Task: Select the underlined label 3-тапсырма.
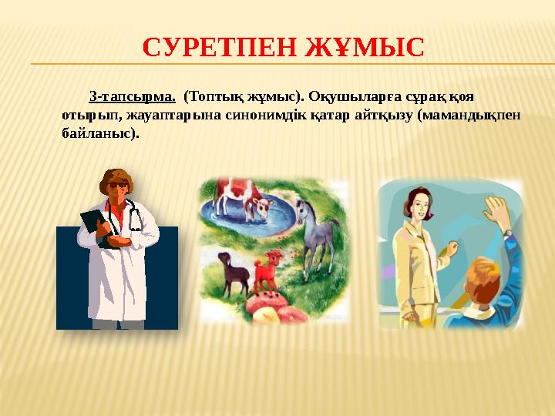[132, 98]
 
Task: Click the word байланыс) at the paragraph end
[100, 133]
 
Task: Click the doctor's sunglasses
[116, 186]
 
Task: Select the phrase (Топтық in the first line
[211, 98]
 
